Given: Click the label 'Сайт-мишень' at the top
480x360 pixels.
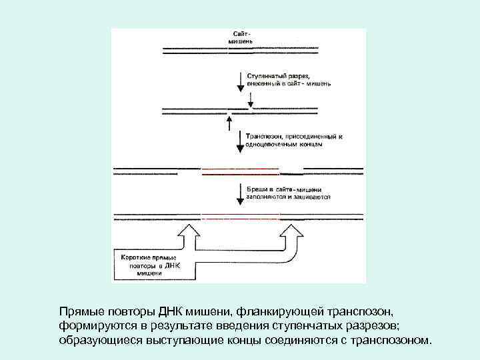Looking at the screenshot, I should click(241, 36).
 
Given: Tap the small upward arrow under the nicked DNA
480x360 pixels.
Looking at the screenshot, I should click(229, 124).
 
